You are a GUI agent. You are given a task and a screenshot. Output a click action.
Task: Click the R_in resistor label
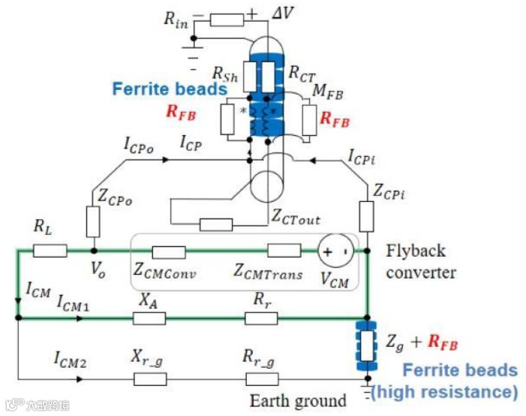click(176, 19)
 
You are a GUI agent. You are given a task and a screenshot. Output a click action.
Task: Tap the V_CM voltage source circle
click(335, 251)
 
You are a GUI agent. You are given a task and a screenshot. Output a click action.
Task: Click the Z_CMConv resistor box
click(169, 251)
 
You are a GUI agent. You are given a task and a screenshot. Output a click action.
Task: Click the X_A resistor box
click(149, 318)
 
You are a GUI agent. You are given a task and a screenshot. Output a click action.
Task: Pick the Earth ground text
click(298, 400)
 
